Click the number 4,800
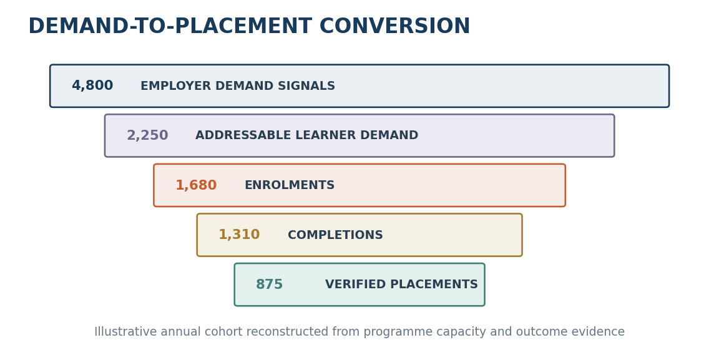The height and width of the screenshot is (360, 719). point(92,85)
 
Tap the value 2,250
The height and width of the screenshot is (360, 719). point(147,135)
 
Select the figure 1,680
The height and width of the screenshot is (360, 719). point(196,185)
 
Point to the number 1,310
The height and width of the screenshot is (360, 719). point(239,235)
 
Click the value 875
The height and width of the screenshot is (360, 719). point(269,285)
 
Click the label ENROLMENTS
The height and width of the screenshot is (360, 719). point(290,185)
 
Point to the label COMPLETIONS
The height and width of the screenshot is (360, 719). point(335,235)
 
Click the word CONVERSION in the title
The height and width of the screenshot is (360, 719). point(395,26)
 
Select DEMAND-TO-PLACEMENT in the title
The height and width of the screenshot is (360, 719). point(170,26)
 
